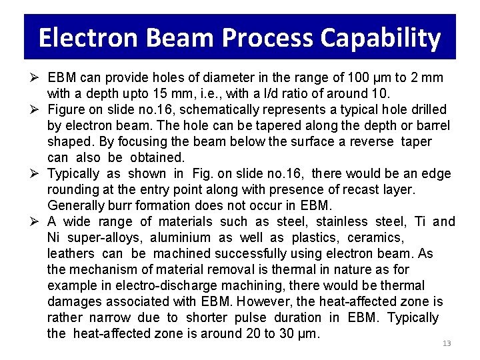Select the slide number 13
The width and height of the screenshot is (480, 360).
(x=447, y=343)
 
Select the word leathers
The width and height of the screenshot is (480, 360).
(x=71, y=253)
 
